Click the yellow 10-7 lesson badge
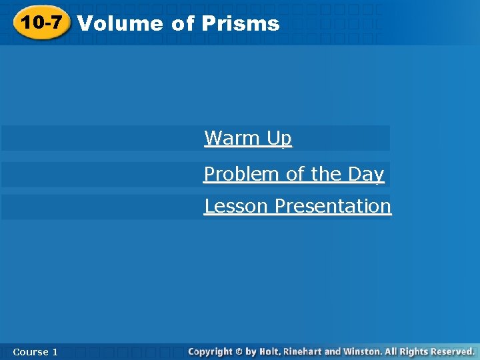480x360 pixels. (43, 23)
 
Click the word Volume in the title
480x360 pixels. (120, 24)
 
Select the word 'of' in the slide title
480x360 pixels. (182, 24)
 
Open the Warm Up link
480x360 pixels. (248, 139)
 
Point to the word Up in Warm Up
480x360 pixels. (279, 139)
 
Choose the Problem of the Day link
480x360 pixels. (294, 175)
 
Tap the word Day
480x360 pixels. (365, 175)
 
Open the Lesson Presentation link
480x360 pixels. (297, 207)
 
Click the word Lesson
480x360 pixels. (237, 207)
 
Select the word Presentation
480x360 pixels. (333, 207)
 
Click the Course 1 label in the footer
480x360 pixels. (35, 351)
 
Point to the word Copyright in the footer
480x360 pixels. (210, 351)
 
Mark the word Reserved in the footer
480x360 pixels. (452, 351)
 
